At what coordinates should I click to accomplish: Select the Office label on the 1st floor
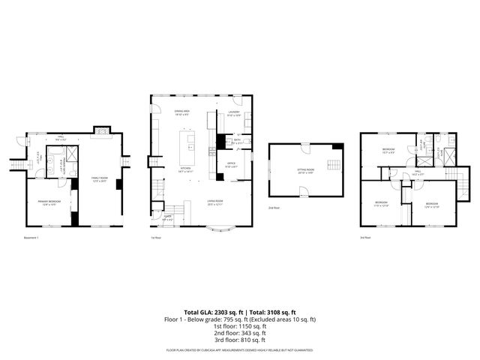pyautogui.click(x=232, y=165)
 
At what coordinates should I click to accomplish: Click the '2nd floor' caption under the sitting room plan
pyautogui.click(x=274, y=208)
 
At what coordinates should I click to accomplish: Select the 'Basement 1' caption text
pyautogui.click(x=31, y=238)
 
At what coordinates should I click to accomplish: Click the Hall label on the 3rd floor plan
pyautogui.click(x=418, y=172)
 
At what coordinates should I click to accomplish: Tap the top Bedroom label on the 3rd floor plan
pyautogui.click(x=388, y=150)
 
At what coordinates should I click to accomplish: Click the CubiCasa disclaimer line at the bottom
pyautogui.click(x=240, y=350)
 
